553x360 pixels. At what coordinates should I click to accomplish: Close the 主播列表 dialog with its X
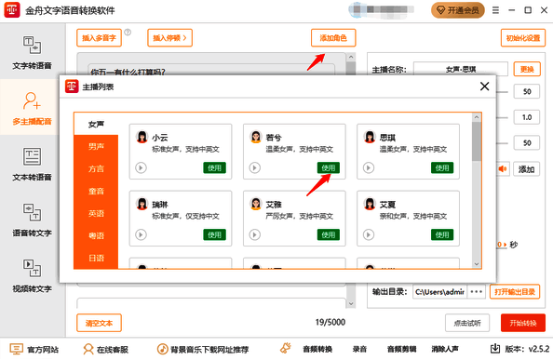click(x=483, y=87)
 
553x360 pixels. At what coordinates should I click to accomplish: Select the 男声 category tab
click(x=96, y=146)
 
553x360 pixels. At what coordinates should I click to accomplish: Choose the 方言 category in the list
click(x=96, y=168)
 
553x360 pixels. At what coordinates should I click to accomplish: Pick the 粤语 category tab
click(x=96, y=235)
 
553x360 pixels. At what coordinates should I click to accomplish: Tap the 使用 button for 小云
click(x=214, y=167)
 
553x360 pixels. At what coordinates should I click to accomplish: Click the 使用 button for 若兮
click(x=328, y=167)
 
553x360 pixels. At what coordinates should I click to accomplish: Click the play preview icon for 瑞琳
click(x=141, y=234)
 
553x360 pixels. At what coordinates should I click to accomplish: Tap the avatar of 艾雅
click(x=257, y=204)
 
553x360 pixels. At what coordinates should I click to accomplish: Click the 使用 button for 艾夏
click(x=442, y=234)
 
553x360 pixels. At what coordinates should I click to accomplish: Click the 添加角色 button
click(x=332, y=38)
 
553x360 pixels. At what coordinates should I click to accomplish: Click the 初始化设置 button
click(x=522, y=38)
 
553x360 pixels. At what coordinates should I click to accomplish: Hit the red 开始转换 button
click(x=522, y=323)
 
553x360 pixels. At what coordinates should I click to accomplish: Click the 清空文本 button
click(x=98, y=323)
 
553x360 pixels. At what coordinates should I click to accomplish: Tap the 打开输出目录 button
click(x=516, y=291)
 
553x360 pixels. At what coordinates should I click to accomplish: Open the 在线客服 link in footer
click(x=110, y=350)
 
